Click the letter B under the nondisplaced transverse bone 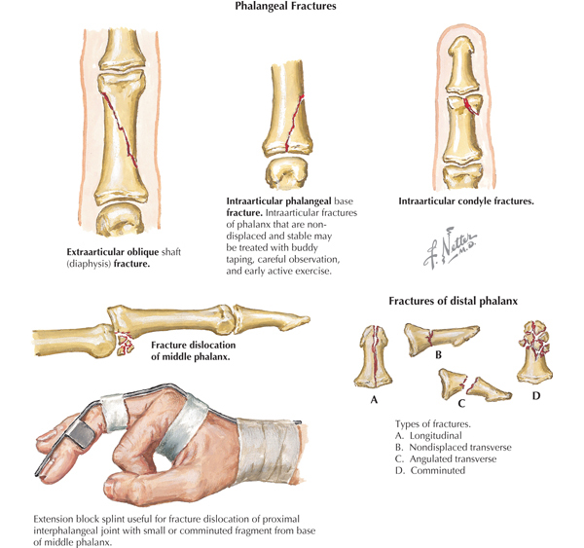[x=439, y=356]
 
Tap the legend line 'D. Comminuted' [x=431, y=471]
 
